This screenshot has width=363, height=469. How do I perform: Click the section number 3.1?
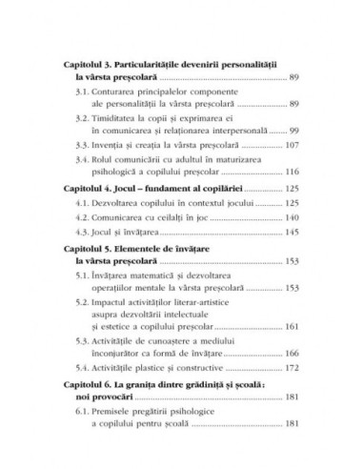(84, 92)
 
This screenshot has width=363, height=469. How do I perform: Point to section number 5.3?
(84, 363)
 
